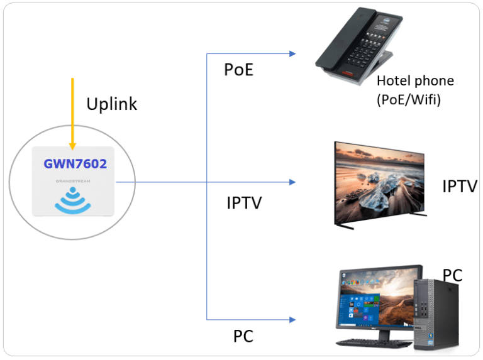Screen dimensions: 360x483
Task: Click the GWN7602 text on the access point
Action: click(75, 165)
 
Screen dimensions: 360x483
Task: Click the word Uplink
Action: click(111, 104)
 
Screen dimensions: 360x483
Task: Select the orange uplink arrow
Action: click(72, 113)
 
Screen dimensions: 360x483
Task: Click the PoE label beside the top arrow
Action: click(238, 70)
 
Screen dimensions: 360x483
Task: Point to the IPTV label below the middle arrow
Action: click(244, 203)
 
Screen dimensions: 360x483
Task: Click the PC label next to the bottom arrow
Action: click(243, 336)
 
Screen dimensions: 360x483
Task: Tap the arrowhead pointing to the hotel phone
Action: click(292, 54)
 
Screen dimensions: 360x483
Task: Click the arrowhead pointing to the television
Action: click(292, 182)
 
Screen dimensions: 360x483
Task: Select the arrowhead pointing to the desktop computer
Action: click(292, 319)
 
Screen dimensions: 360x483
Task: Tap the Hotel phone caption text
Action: click(414, 81)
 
